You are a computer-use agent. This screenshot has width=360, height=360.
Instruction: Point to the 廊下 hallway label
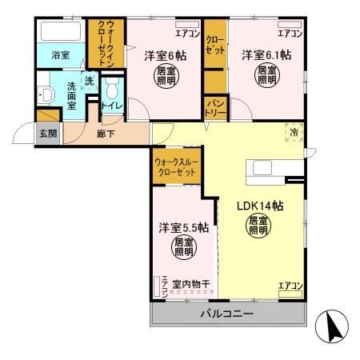tap(105, 134)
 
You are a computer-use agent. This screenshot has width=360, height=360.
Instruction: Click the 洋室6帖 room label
tap(165, 57)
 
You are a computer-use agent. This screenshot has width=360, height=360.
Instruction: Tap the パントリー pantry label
tap(215, 105)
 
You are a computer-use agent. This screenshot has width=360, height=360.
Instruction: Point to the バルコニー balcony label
tap(226, 313)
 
